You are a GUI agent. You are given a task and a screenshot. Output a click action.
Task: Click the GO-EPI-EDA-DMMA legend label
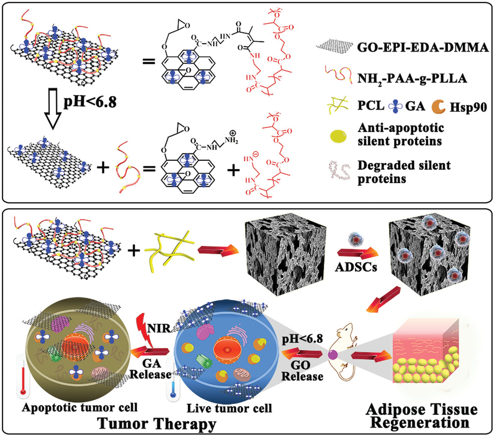pyautogui.click(x=416, y=48)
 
